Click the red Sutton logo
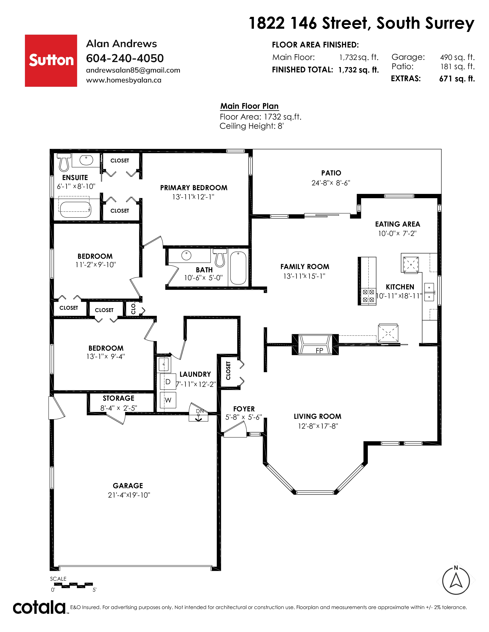51,61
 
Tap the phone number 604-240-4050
125,58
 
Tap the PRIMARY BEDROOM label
194,188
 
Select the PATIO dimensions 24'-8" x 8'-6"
331,183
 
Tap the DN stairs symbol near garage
198,412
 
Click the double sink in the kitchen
429,292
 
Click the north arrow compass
456,580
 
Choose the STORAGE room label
119,398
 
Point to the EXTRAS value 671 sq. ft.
457,79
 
